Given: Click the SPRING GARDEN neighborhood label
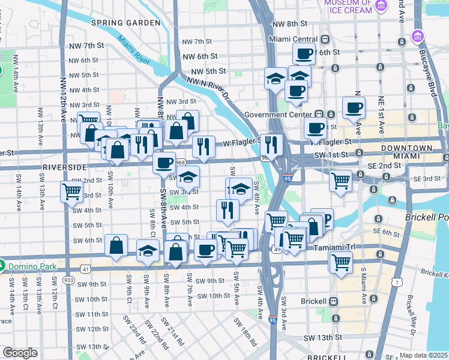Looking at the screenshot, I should point(126,23).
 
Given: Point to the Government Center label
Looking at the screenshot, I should point(279,114).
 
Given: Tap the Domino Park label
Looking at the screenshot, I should point(29,265).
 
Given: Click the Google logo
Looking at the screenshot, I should point(20,353).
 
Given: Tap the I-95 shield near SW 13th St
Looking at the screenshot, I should point(273,320).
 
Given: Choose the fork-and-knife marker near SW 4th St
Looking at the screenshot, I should point(228,209).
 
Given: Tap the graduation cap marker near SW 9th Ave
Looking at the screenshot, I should point(147,251).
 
